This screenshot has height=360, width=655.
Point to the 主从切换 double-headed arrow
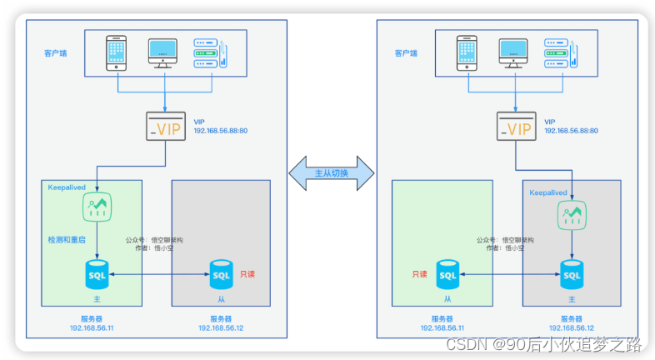[331, 173]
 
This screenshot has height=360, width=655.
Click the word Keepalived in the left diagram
[67, 187]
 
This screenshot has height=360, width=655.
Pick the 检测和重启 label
[67, 240]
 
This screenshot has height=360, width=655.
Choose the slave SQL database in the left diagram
[221, 273]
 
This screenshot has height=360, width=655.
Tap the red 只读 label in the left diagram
[247, 273]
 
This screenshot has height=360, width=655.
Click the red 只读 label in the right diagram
[419, 273]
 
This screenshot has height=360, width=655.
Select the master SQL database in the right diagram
[572, 273]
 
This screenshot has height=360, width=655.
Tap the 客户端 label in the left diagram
[55, 52]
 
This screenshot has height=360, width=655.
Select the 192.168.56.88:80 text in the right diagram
[571, 132]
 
